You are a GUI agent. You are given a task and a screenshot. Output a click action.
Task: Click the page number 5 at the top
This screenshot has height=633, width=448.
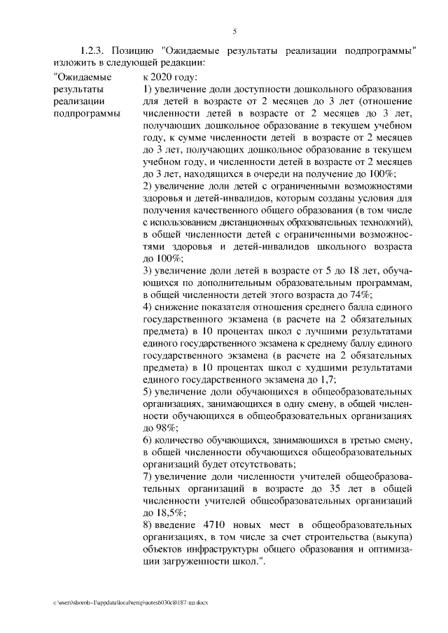coord(234,30)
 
